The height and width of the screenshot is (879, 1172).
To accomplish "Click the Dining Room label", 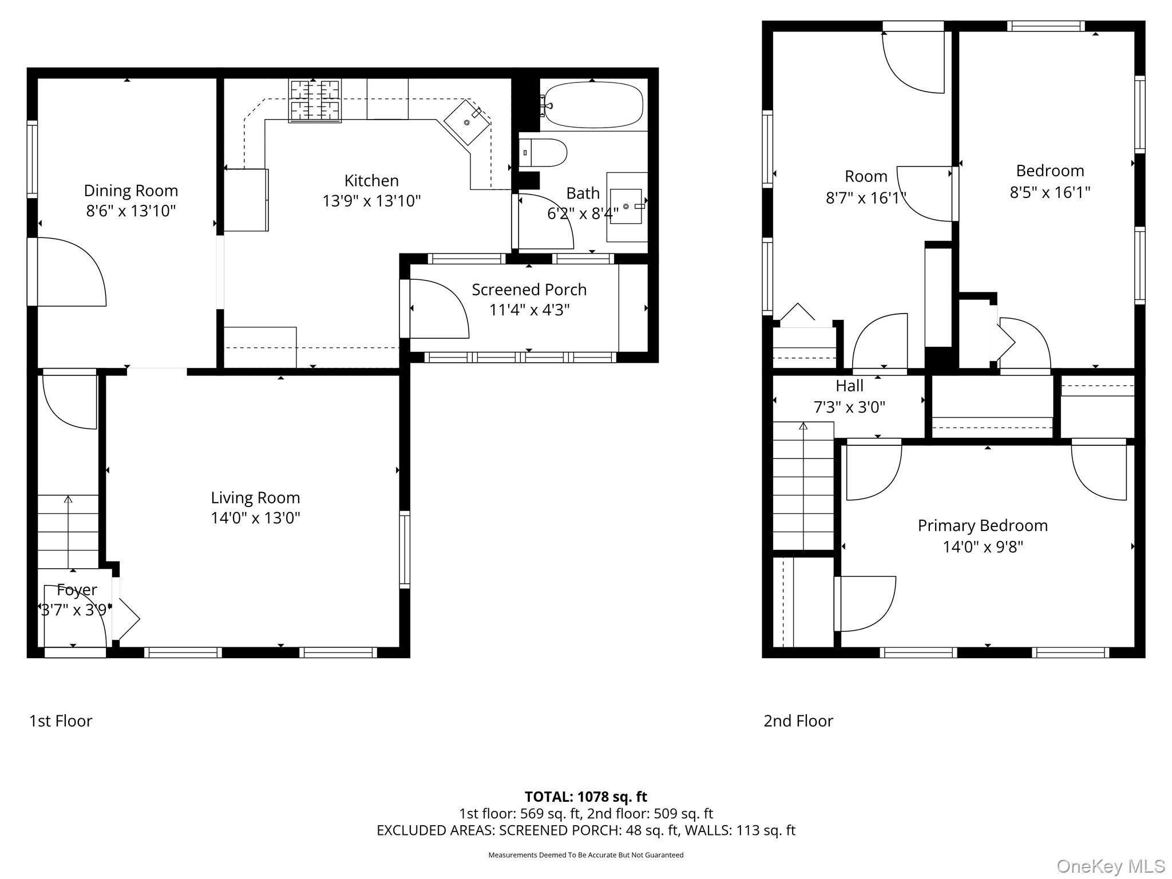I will coord(130,191).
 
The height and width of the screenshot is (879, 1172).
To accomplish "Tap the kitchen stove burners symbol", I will coord(315,101).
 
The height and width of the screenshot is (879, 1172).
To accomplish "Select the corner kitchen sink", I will coord(467,122).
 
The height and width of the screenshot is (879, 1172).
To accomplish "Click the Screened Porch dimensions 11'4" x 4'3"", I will coord(529,310).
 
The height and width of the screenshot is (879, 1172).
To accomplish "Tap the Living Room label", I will coord(255,497).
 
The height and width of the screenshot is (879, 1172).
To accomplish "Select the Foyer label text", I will coord(77,589).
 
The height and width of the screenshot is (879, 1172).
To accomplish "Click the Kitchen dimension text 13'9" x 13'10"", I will coord(371,201).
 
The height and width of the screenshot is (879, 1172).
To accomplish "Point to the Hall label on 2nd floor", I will coord(849,386).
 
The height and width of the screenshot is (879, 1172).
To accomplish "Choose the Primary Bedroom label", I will coord(983,525).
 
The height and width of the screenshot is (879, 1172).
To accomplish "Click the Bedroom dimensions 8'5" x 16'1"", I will coord(1050,192).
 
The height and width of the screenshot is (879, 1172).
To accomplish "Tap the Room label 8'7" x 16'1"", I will coord(866,176).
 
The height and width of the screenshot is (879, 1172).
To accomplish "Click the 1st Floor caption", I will coord(61,721).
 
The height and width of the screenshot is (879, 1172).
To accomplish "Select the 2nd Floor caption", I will coord(798,721).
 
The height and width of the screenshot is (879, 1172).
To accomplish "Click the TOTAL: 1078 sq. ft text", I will coord(585,797).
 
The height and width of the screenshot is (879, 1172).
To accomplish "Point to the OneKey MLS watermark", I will coord(1110,866).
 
